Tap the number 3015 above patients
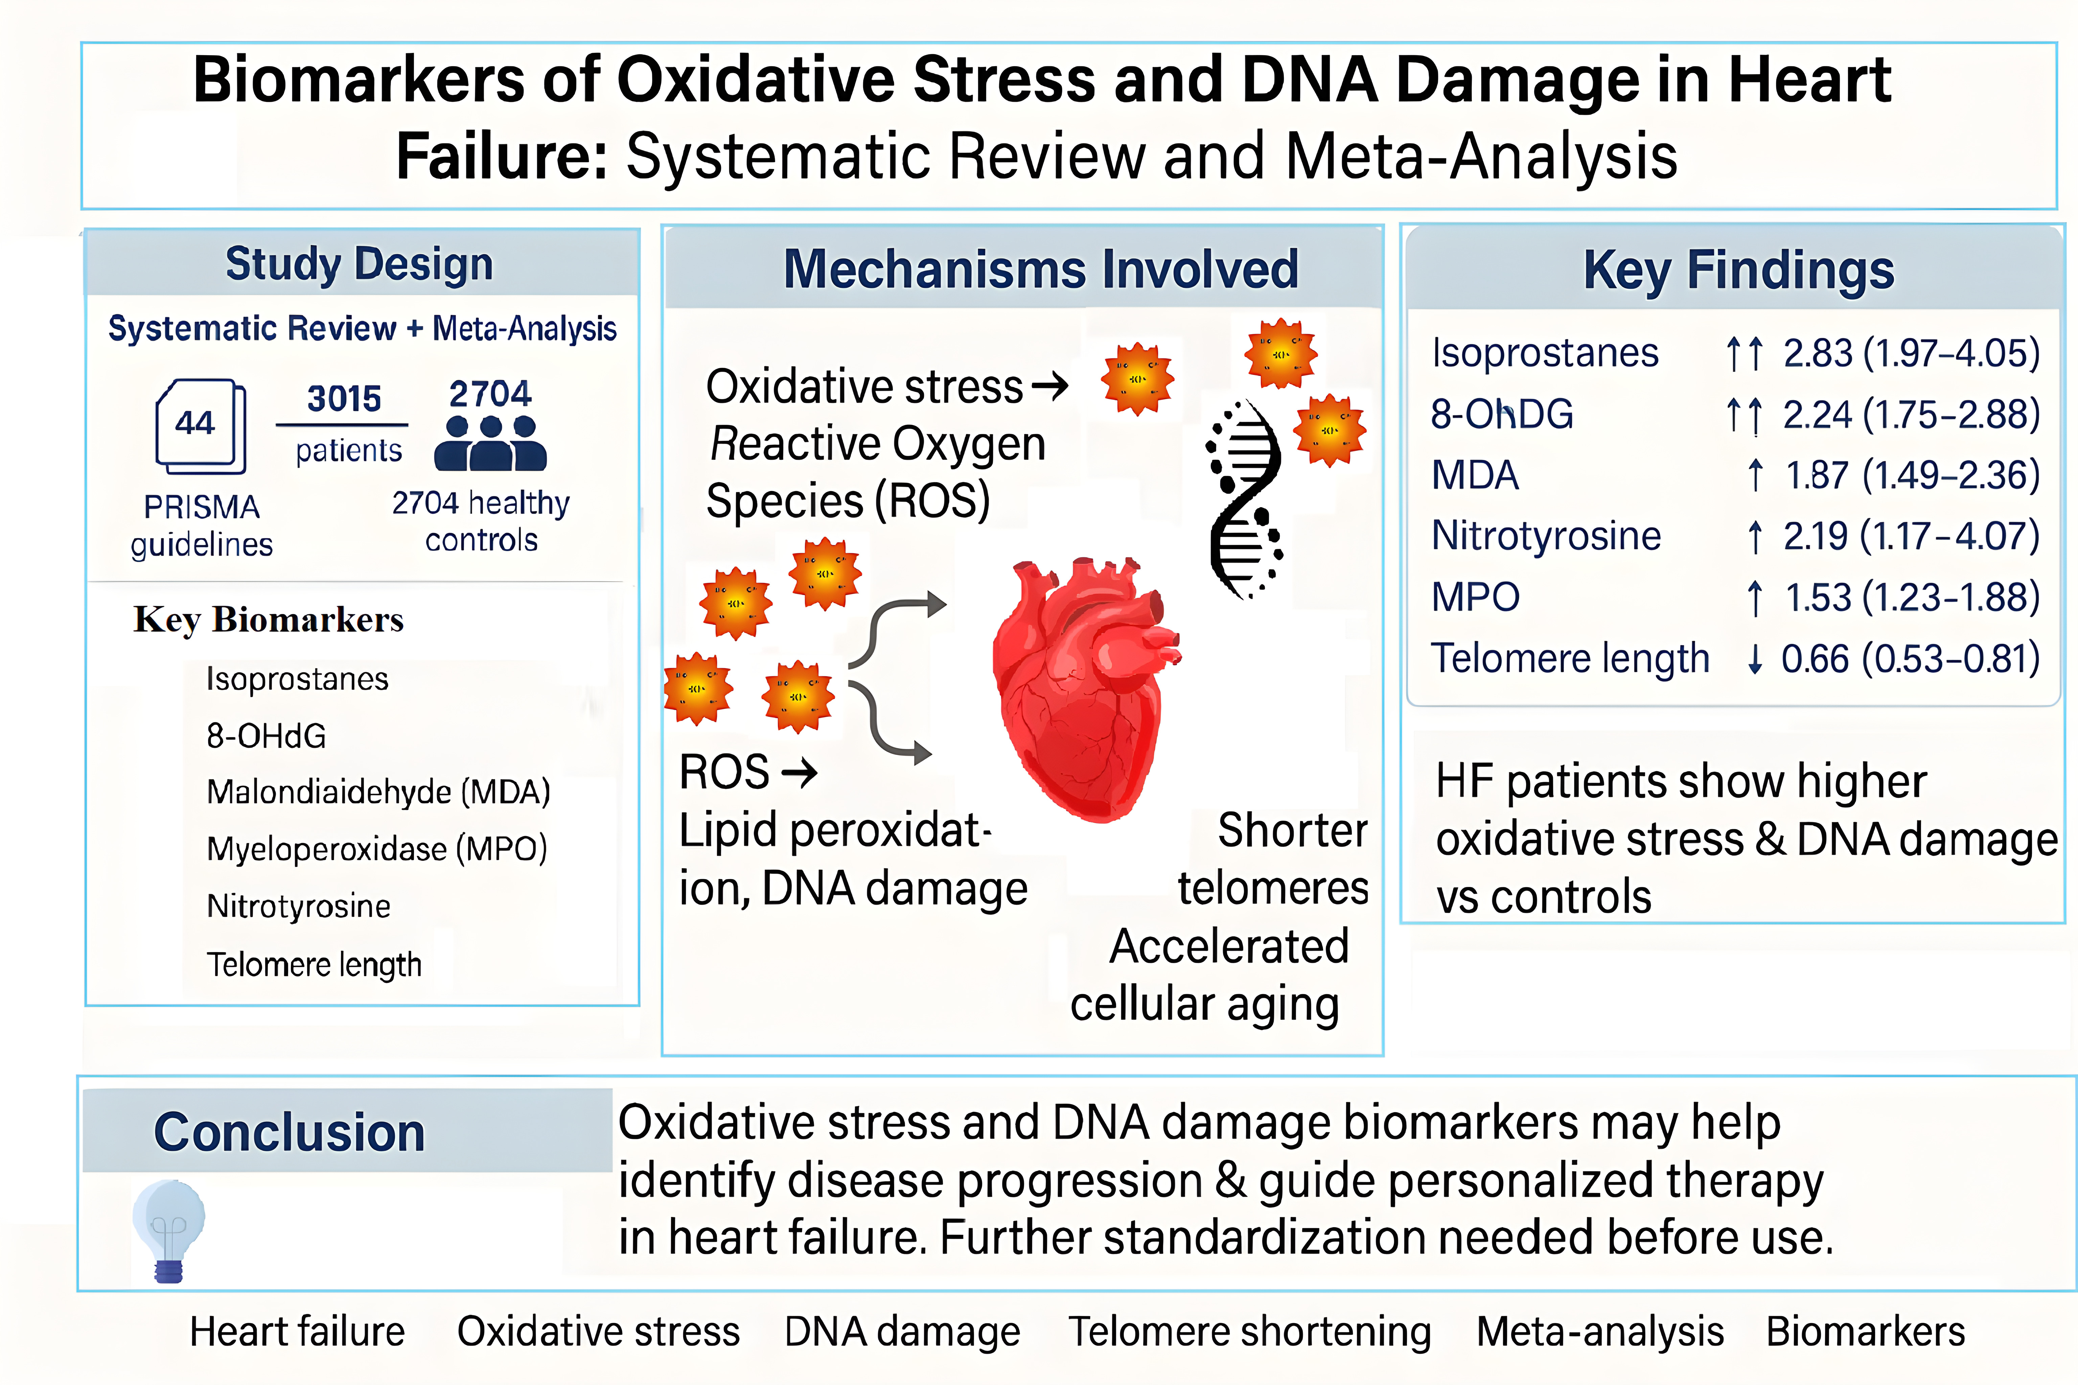[x=344, y=398]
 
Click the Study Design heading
[x=360, y=264]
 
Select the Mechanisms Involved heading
[x=1041, y=269]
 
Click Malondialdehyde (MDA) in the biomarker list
[x=378, y=792]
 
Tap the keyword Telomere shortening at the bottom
[x=1249, y=1331]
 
